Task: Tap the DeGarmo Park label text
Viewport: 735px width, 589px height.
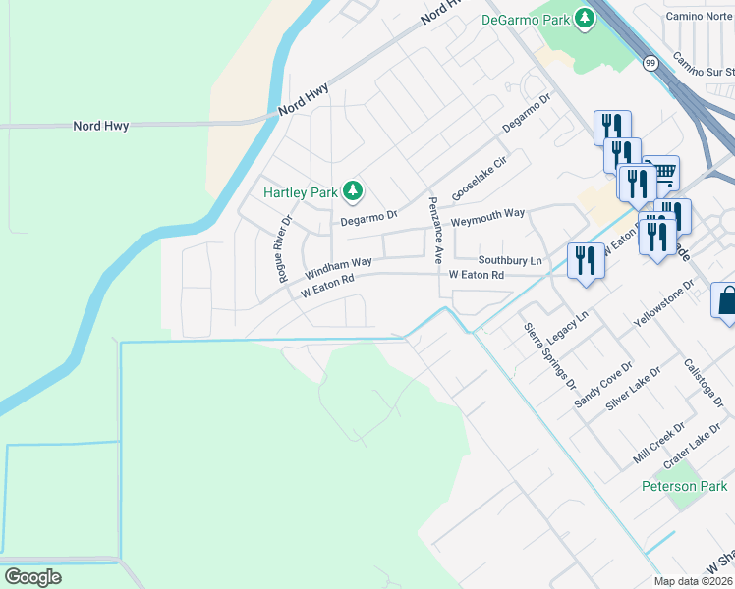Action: pyautogui.click(x=526, y=19)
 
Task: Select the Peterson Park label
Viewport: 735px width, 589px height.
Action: pyautogui.click(x=685, y=486)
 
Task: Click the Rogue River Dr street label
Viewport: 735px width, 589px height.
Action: pyautogui.click(x=285, y=249)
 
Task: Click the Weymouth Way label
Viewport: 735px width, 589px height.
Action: pyautogui.click(x=488, y=217)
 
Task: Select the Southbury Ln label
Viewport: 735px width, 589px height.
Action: pyautogui.click(x=510, y=261)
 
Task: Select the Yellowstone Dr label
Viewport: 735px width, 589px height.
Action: pyautogui.click(x=664, y=304)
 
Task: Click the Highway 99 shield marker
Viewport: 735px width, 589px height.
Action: pyautogui.click(x=651, y=63)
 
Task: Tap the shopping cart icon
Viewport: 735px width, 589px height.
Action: pyautogui.click(x=664, y=174)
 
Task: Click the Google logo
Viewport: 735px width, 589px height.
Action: pyautogui.click(x=32, y=576)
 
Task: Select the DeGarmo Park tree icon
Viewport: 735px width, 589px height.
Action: pyautogui.click(x=585, y=18)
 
